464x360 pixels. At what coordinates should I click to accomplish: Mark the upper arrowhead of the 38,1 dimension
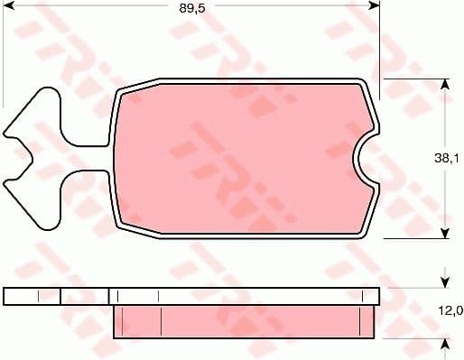coord(443,85)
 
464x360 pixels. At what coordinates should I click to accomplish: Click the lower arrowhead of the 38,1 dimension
coord(443,232)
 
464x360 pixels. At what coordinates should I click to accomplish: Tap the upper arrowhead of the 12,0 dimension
coord(443,281)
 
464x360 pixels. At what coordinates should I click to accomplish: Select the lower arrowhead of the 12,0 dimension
coord(443,344)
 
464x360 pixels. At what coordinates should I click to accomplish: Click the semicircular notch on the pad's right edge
coord(365,159)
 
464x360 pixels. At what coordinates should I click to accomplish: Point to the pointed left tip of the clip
coord(7,136)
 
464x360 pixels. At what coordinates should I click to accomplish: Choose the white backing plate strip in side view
coord(244,296)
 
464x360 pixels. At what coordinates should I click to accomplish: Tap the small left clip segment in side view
coord(32,296)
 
